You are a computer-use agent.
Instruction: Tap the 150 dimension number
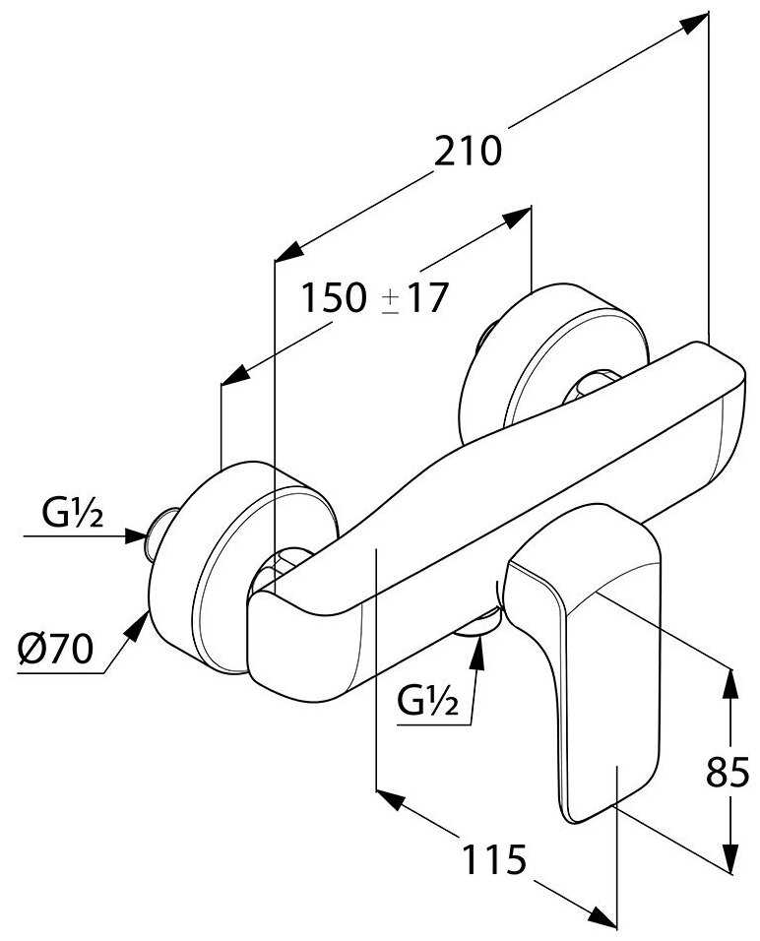coord(336,297)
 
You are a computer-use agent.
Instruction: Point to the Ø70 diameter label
coord(55,650)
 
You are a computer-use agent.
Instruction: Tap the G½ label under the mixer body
coord(427,702)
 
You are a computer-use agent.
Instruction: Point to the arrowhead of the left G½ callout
coord(138,536)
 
